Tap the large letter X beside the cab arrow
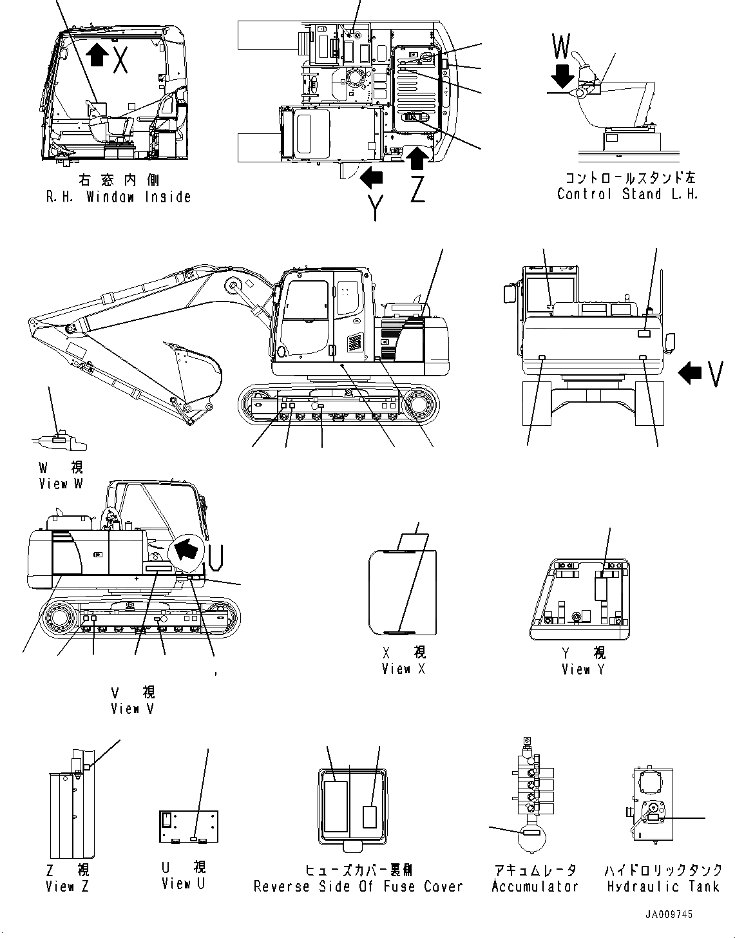point(120,59)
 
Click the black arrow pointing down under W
point(562,75)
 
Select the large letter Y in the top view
point(374,207)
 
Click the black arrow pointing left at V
point(691,372)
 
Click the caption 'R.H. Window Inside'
point(119,197)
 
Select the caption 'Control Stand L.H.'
point(627,194)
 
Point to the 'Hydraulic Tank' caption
point(663,886)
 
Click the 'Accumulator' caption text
point(535,886)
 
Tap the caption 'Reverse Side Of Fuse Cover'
point(358,886)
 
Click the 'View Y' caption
point(583,669)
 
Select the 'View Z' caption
point(67,886)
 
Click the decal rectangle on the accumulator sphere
point(531,833)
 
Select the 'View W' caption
point(61,483)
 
